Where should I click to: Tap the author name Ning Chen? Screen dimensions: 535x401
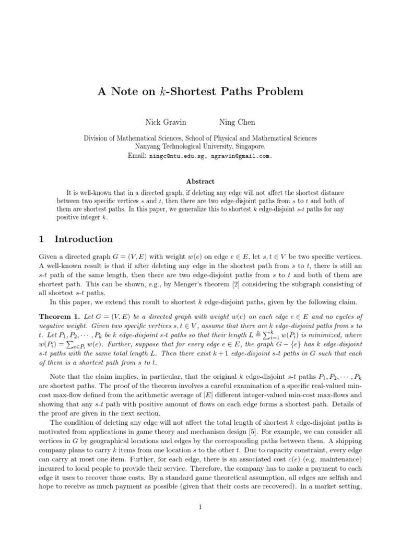click(x=238, y=122)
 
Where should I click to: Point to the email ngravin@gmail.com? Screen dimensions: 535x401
click(x=240, y=156)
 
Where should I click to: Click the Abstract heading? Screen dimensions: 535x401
click(x=200, y=181)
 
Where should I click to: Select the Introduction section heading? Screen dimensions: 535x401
click(x=84, y=239)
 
